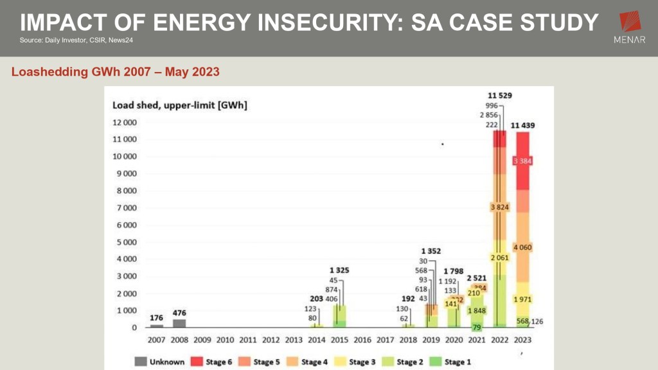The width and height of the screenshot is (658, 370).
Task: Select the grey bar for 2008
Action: point(179,323)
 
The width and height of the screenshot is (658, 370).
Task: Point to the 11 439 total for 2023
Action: point(525,125)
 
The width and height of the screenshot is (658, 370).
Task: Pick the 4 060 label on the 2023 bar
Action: point(522,247)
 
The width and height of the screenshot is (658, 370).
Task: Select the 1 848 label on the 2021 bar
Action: point(476,311)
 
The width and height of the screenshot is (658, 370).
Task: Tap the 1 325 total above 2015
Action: point(339,270)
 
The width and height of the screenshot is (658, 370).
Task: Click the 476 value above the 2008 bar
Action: point(179,313)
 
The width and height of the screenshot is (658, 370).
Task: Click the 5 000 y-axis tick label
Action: point(126,242)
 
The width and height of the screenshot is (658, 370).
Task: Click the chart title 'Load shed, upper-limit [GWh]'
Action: point(179,105)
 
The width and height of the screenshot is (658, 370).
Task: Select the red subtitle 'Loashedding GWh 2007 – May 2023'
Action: point(116,72)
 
